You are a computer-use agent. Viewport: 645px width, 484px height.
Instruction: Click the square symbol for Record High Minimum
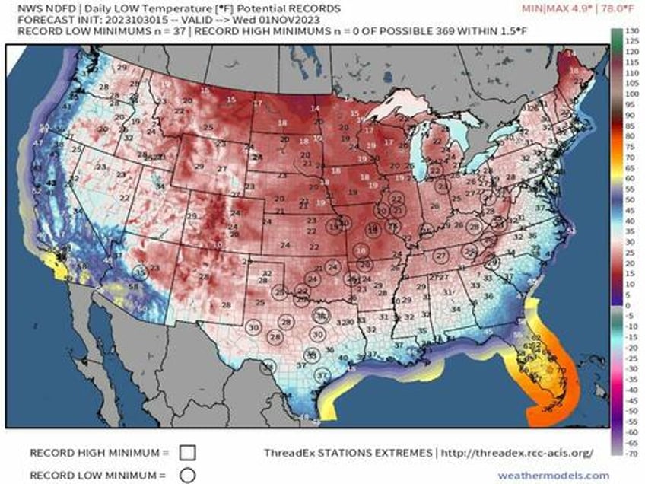coord(188,452)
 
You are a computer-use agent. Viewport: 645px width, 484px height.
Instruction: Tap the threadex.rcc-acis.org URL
coord(517,453)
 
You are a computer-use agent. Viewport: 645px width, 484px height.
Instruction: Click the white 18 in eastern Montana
coord(281,123)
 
